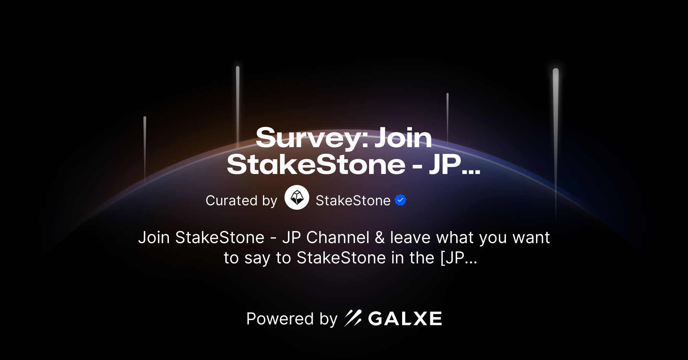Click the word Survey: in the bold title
tap(312, 138)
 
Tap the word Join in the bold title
tap(403, 138)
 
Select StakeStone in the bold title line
tap(316, 165)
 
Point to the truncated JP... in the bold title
tap(454, 165)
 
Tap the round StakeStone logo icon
tap(297, 197)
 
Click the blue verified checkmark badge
tap(400, 200)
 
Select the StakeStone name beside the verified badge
tap(353, 200)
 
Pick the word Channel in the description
tap(338, 238)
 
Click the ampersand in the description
tap(380, 238)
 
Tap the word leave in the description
tap(410, 238)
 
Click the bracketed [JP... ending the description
tap(459, 258)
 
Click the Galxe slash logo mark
tap(353, 318)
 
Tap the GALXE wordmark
tap(405, 319)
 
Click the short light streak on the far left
tap(145, 148)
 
